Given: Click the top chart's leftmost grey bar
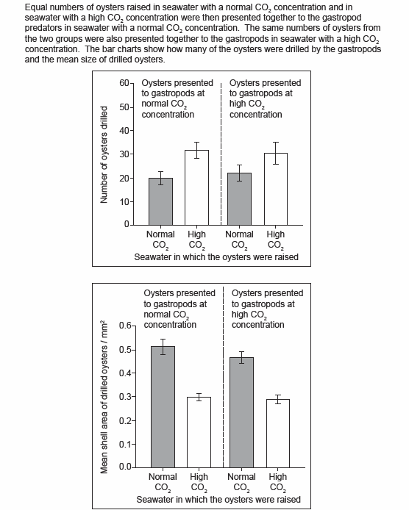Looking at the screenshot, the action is pyautogui.click(x=161, y=201).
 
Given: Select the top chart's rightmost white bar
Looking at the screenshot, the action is pyautogui.click(x=276, y=189).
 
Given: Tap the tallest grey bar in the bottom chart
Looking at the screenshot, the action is pyautogui.click(x=163, y=407).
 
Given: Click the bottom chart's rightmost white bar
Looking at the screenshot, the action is pyautogui.click(x=278, y=434).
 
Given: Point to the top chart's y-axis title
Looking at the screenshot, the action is pyautogui.click(x=104, y=155).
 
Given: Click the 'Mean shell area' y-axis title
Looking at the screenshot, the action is pyautogui.click(x=104, y=397).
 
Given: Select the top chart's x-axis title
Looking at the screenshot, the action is pyautogui.click(x=216, y=257).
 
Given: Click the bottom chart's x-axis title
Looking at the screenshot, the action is pyautogui.click(x=218, y=499).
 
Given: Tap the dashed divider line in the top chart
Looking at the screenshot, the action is pyautogui.click(x=221, y=154).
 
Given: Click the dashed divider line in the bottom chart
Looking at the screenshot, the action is pyautogui.click(x=224, y=377).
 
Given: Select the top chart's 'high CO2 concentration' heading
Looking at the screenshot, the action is pyautogui.click(x=265, y=98).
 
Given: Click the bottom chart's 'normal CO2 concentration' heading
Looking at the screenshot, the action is pyautogui.click(x=179, y=309).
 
